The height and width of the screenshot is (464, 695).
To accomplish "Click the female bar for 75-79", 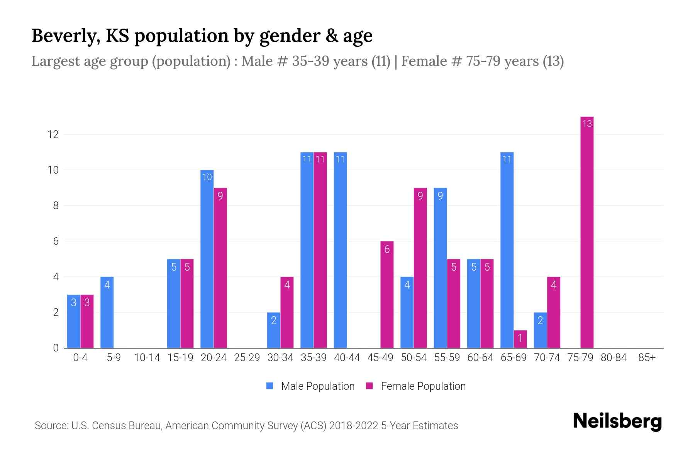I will click(x=587, y=232).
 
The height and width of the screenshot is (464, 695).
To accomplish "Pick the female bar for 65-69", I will click(x=520, y=339).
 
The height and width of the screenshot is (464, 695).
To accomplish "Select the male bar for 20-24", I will click(x=207, y=259).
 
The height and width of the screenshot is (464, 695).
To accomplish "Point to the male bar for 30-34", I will click(x=274, y=330).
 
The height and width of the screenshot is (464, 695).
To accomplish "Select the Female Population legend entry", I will click(x=416, y=386).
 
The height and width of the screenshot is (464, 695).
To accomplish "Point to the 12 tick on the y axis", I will click(x=53, y=135).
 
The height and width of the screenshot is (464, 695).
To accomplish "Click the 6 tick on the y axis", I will click(x=56, y=241).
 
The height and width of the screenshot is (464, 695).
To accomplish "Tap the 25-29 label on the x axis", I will click(x=247, y=358).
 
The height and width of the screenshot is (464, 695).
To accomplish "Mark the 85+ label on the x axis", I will click(x=647, y=358).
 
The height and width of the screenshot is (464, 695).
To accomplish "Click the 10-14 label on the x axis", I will click(x=147, y=358).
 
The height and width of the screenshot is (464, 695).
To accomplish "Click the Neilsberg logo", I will click(x=617, y=421).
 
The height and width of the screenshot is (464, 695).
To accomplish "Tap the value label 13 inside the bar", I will click(x=587, y=124).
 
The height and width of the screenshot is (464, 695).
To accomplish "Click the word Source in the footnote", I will click(x=51, y=426).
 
